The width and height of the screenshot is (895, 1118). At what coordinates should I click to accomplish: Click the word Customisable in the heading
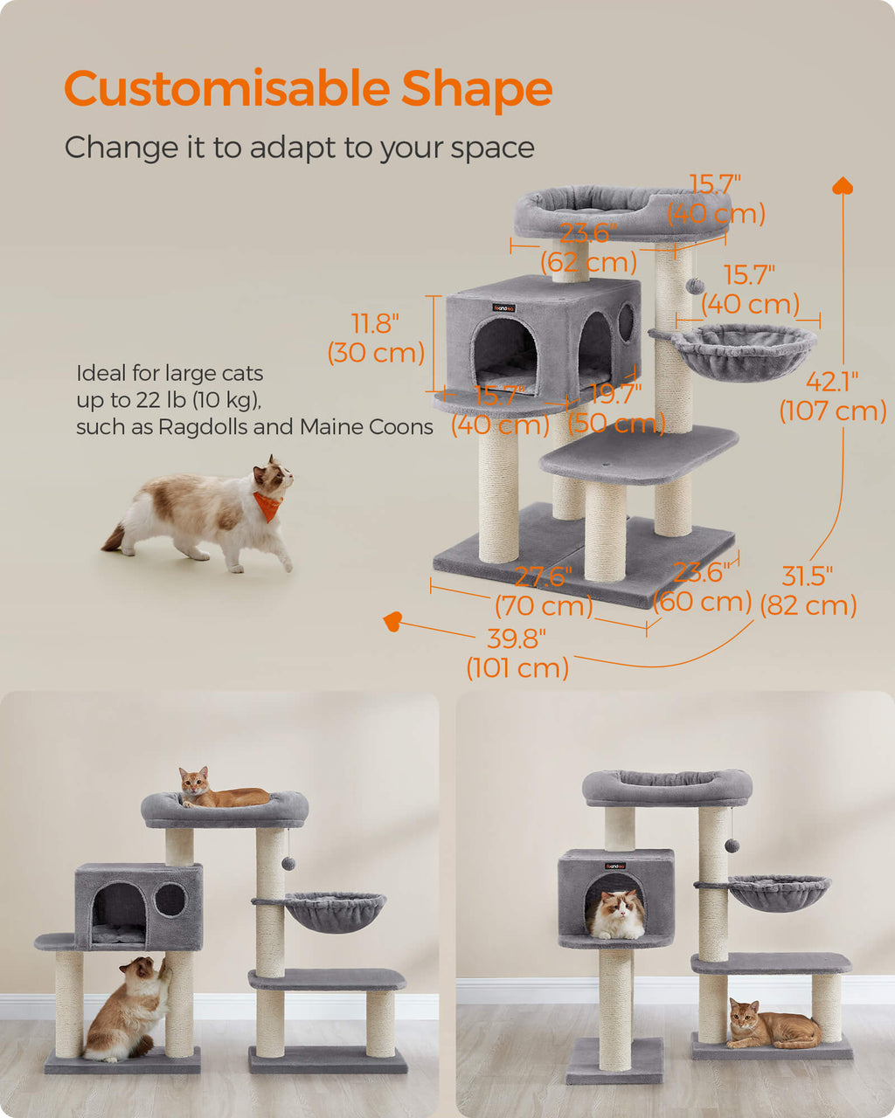pos(226,88)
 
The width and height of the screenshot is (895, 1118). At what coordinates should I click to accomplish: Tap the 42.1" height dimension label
pos(833,396)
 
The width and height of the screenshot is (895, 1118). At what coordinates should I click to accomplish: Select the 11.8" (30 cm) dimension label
pos(376,338)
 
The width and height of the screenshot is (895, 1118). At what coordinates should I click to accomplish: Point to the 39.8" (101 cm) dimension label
pos(517,653)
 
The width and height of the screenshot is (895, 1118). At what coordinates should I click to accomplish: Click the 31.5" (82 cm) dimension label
pos(808,590)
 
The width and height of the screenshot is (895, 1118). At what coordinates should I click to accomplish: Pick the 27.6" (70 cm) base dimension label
pos(544,591)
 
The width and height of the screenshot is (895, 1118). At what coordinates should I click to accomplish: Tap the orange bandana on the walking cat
pos(268,506)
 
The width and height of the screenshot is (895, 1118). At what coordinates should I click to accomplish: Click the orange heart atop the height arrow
pos(843,185)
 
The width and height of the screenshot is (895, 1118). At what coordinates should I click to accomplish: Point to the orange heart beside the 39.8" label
pos(392,621)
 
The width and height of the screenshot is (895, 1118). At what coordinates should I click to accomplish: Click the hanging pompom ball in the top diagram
pos(695,286)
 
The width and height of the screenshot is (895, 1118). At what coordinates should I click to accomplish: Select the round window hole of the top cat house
pos(626,322)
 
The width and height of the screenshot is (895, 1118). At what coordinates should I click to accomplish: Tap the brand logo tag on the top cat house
pos(504,308)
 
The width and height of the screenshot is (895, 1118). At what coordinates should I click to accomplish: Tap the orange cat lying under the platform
pos(772,1025)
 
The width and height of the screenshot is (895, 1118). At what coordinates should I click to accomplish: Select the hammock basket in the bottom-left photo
pos(336,910)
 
